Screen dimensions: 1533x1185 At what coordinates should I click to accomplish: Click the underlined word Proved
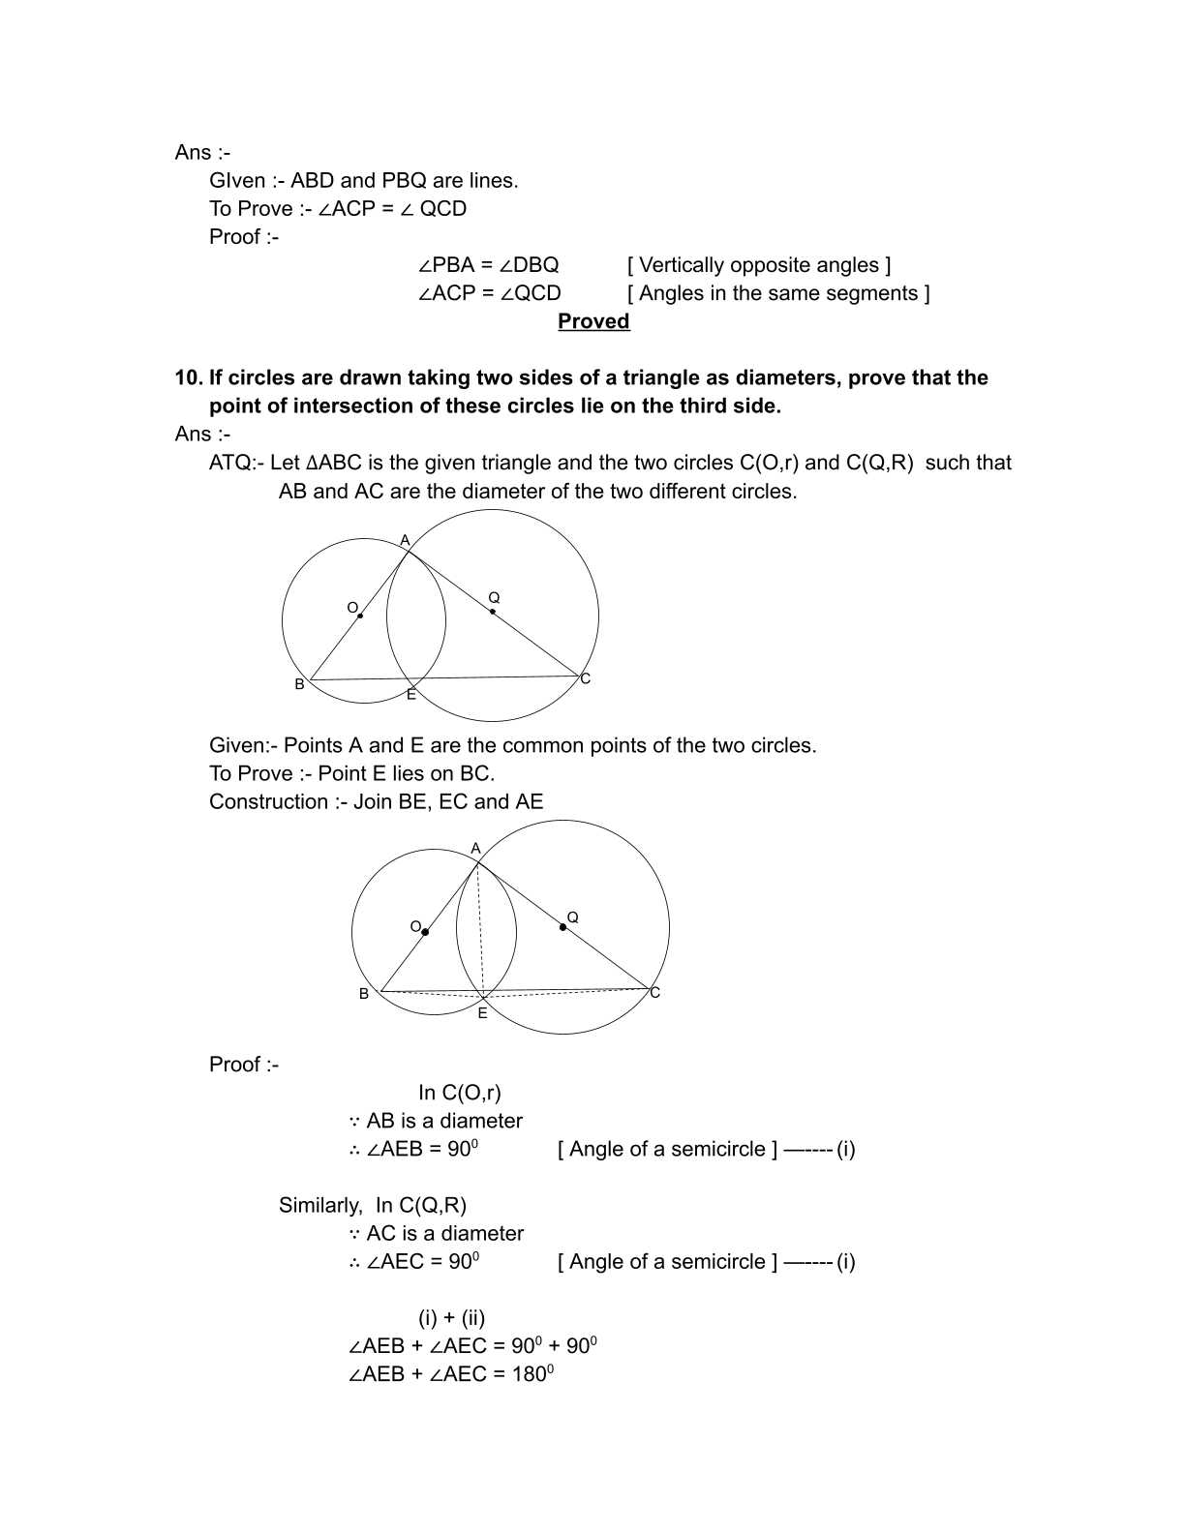593,321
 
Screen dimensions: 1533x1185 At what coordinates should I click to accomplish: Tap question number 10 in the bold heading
189,377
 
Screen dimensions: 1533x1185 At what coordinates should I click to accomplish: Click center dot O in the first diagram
360,616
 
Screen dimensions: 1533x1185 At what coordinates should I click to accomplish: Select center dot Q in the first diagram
493,612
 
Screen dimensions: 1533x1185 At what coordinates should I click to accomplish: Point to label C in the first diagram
585,679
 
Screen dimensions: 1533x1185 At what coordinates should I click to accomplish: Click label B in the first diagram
299,684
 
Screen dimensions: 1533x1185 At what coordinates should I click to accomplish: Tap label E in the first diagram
410,695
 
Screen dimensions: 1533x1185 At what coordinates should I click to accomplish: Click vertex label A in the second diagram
475,848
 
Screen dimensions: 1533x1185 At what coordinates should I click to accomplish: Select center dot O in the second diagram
425,932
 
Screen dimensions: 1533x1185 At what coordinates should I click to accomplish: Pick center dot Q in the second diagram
562,927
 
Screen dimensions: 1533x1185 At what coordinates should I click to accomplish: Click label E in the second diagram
482,1013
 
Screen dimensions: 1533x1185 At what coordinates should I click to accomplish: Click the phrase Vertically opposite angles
759,265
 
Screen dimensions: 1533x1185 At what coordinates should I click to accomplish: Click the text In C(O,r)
459,1093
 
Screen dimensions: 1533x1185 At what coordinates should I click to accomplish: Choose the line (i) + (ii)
451,1318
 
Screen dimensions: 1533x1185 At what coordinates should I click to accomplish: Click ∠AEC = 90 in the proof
413,1262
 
